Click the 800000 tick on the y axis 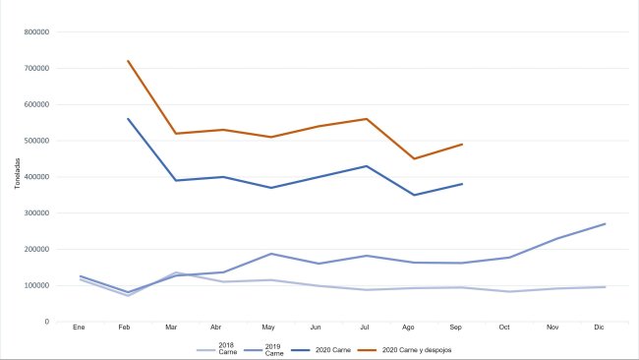tap(36, 31)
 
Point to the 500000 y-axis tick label tap(36, 141)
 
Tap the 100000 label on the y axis tap(36, 285)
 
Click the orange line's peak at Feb tap(128, 61)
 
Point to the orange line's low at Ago tap(413, 158)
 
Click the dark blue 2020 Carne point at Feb tap(128, 119)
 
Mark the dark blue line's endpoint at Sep tap(462, 184)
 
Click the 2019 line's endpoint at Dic tap(605, 223)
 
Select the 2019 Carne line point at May tap(269, 254)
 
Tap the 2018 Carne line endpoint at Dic tap(605, 286)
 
